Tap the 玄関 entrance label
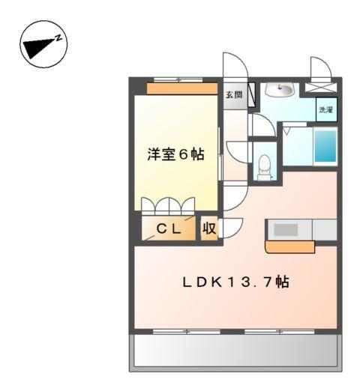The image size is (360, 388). coord(233,95)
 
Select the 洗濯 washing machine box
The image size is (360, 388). coord(325,109)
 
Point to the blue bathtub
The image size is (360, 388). coord(324,148)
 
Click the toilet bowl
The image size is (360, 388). coord(264,166)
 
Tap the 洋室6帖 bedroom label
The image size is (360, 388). coord(175,155)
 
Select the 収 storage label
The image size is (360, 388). coord(208,229)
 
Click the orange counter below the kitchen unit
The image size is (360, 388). coord(289,246)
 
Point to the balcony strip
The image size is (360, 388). coord(235,350)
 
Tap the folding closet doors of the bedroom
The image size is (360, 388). coord(166,205)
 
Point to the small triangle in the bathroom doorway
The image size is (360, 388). coord(286,130)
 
